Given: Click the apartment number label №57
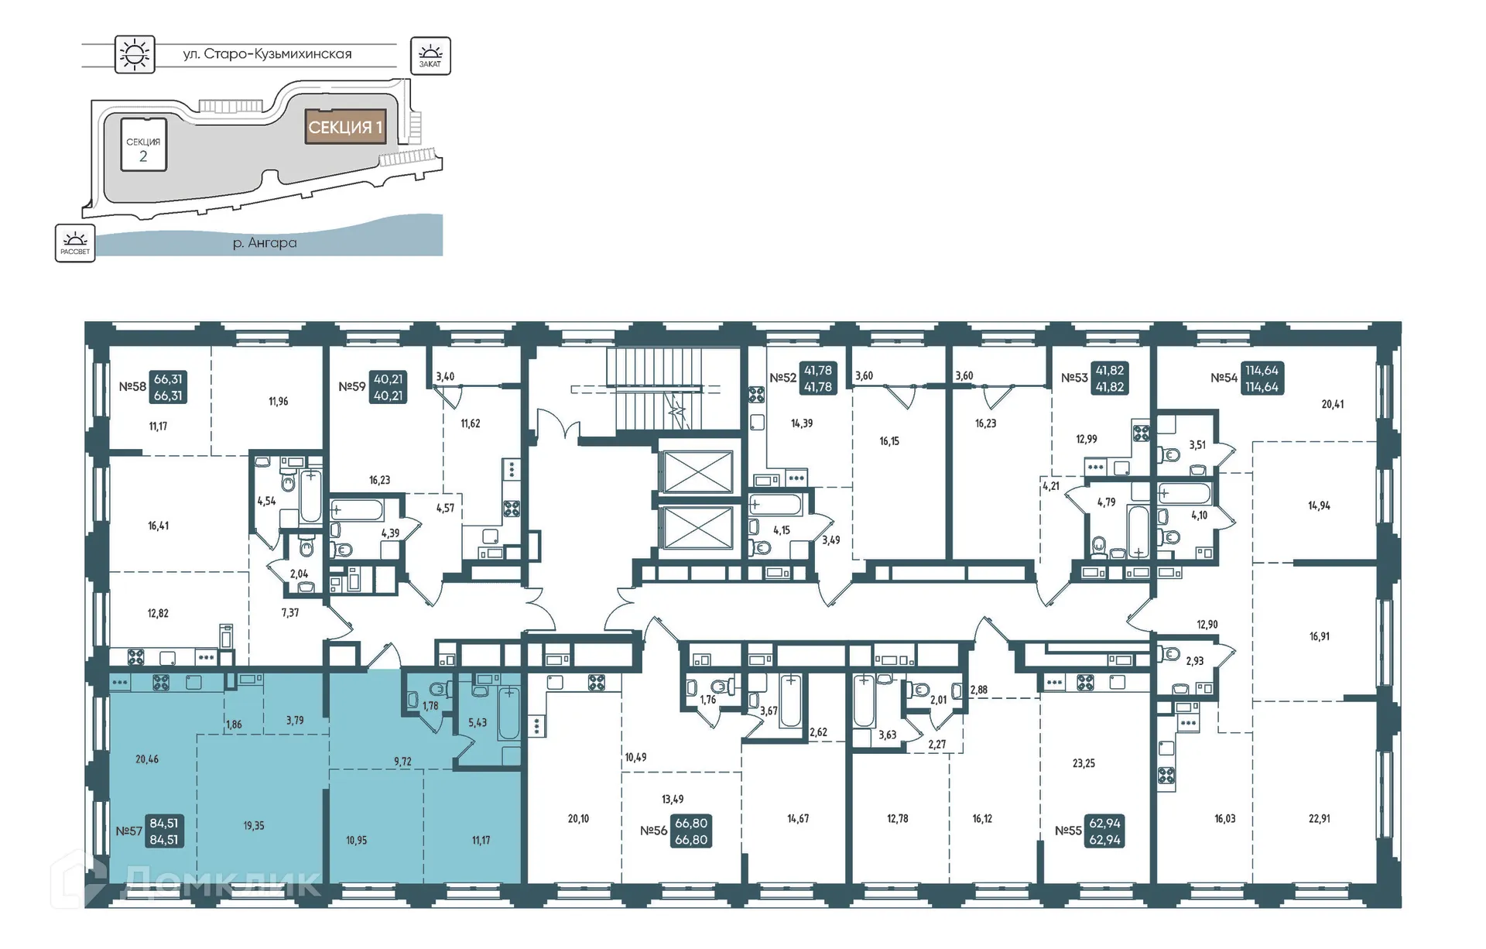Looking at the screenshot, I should point(129,831).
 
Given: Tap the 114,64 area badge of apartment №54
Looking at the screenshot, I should point(1262,379).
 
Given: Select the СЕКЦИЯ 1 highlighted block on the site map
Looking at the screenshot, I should point(345,127).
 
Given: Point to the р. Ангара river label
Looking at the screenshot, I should point(265,243).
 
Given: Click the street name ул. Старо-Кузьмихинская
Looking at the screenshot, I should point(267,54).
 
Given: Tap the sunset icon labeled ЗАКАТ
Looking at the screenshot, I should point(430,56).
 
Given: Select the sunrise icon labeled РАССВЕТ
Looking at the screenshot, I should point(75,243).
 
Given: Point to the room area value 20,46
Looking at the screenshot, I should point(147,759).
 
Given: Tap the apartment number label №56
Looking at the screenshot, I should point(653,831).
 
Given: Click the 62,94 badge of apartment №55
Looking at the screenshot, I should point(1104,831).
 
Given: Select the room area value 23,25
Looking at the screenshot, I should point(1084,763).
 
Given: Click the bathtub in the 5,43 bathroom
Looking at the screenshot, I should point(508,714).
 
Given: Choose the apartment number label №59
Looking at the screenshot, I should point(352,386).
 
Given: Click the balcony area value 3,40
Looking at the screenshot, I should point(445,377).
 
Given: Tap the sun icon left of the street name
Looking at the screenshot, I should point(135,54).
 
